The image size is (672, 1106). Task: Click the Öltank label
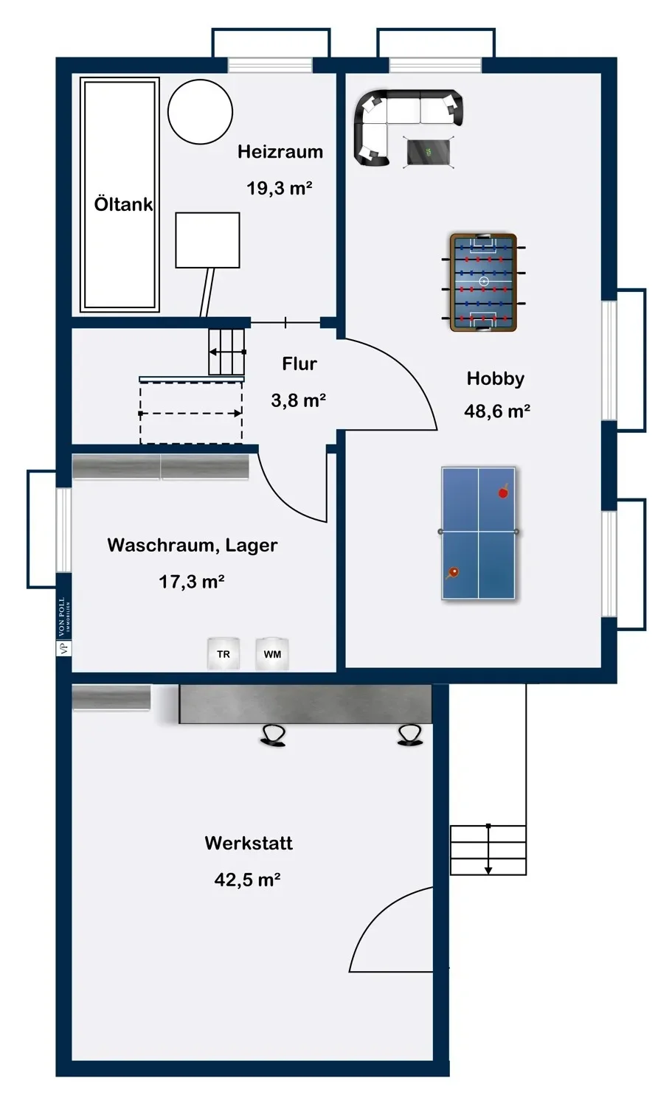(123, 204)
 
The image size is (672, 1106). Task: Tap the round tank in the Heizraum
(200, 112)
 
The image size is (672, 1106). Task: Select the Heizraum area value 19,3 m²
(279, 187)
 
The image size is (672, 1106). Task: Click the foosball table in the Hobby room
(483, 282)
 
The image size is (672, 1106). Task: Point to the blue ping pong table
(478, 533)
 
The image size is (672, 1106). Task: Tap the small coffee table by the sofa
(429, 153)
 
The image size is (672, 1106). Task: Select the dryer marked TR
(224, 654)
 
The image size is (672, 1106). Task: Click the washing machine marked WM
(272, 654)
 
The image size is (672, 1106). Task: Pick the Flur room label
(299, 364)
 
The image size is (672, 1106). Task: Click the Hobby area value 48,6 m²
(497, 411)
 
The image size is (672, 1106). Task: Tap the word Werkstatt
(249, 842)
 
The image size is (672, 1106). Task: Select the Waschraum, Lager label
(193, 545)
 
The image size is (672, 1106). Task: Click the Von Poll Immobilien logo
(63, 626)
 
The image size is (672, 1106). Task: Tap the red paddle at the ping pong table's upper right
(503, 491)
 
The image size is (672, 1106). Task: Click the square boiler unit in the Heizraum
(207, 240)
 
